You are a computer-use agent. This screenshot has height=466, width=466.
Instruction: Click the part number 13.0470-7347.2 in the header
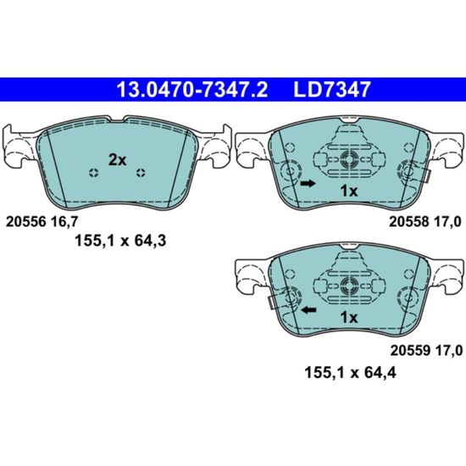(x=192, y=90)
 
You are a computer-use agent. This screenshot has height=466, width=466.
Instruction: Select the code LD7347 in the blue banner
(x=332, y=90)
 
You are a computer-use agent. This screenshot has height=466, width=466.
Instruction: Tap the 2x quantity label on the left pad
(x=118, y=160)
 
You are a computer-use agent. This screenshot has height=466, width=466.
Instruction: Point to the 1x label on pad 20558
(x=349, y=191)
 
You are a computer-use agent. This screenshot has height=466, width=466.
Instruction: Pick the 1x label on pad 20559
(x=349, y=318)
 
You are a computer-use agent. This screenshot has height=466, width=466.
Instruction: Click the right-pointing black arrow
(x=308, y=183)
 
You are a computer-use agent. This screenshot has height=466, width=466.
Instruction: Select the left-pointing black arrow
(x=308, y=310)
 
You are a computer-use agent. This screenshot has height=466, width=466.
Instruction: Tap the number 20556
(x=26, y=222)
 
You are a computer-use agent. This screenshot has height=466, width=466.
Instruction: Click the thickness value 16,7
(x=64, y=222)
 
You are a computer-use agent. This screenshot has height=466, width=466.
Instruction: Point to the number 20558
(x=409, y=222)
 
